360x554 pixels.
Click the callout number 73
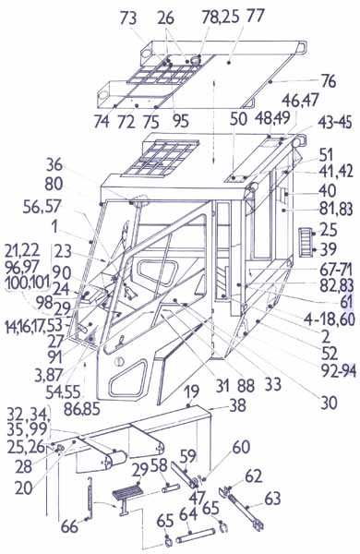(x=128, y=18)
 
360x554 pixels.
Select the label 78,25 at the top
(x=221, y=17)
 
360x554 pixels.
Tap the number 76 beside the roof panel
(x=329, y=81)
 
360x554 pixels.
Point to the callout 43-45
(x=334, y=123)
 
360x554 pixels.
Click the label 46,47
(x=300, y=100)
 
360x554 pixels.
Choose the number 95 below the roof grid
(x=181, y=121)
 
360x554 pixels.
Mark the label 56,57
(x=42, y=207)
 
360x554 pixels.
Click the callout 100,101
(x=28, y=284)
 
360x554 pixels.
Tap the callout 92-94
(x=339, y=371)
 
